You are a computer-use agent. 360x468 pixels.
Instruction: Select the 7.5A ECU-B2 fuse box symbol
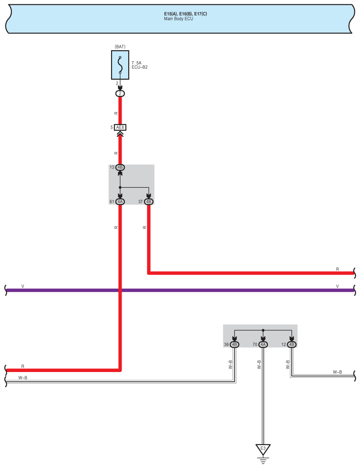(120, 65)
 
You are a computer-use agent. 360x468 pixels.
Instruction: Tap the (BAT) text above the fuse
(120, 47)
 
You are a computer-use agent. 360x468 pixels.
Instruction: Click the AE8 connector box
(120, 128)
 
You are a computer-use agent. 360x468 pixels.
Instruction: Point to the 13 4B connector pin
(120, 167)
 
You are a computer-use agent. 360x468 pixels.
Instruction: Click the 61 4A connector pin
(120, 202)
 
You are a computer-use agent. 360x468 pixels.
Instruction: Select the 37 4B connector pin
(148, 202)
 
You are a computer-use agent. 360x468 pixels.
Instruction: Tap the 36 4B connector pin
(234, 344)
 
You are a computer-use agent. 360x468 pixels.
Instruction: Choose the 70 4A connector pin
(263, 344)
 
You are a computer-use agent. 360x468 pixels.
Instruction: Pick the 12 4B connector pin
(292, 344)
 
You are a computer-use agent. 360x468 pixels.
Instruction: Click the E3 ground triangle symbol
(263, 449)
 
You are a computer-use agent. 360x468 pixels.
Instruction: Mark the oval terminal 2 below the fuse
(120, 93)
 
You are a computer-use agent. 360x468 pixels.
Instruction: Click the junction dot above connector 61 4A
(120, 188)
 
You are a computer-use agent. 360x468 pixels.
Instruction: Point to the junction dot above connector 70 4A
(263, 330)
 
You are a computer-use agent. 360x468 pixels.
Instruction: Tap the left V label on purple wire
(23, 286)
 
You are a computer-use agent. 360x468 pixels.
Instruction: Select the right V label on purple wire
(338, 286)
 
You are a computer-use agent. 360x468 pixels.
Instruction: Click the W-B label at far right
(337, 372)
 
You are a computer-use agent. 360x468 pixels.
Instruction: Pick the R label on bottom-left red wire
(23, 366)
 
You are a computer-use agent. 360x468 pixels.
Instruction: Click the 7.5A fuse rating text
(137, 63)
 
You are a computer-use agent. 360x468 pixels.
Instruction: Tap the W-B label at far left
(23, 378)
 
